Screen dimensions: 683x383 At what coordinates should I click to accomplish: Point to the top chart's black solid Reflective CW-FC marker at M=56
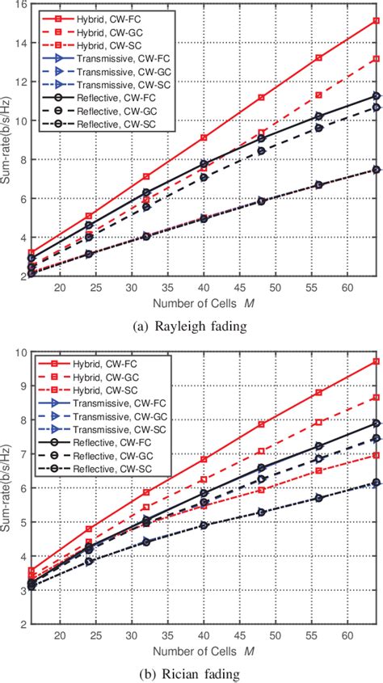pyautogui.click(x=318, y=116)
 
